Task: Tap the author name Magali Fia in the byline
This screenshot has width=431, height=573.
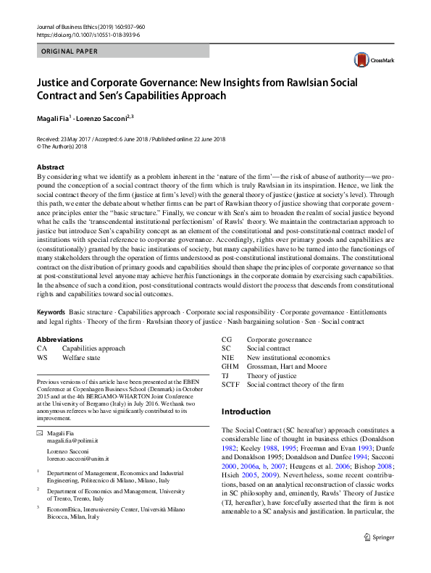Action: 54,117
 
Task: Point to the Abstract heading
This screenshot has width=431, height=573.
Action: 51,167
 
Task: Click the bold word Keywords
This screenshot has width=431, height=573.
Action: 51,311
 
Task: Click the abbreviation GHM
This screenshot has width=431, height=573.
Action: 231,367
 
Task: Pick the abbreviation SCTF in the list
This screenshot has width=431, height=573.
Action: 231,385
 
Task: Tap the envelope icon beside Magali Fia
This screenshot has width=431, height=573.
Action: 40,432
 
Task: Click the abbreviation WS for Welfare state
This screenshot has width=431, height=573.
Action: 42,358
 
